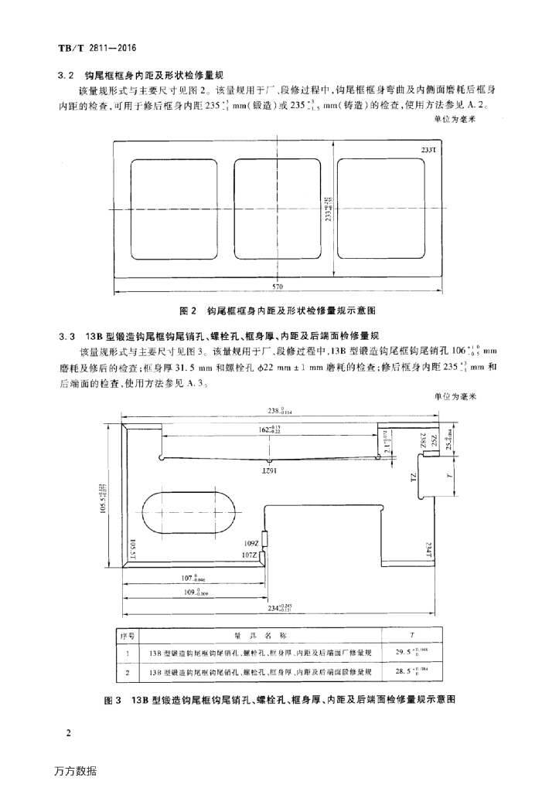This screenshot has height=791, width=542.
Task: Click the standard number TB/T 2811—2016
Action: (x=97, y=48)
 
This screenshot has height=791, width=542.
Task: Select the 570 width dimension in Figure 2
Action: (x=278, y=287)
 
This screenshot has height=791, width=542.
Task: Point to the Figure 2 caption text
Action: (x=278, y=311)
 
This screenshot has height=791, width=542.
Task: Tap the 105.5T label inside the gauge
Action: (x=132, y=550)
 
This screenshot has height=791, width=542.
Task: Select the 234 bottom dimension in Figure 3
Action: (x=281, y=609)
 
